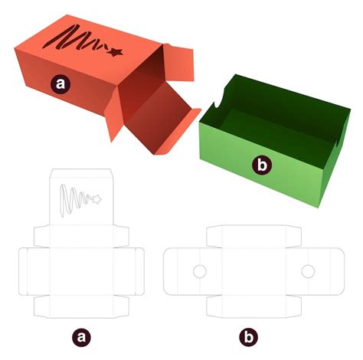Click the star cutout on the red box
(x=115, y=52)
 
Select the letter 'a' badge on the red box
(x=60, y=83)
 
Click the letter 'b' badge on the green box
(x=262, y=165)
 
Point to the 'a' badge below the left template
(x=81, y=337)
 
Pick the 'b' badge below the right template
(x=248, y=337)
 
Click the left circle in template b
(x=200, y=271)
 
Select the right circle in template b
(x=308, y=271)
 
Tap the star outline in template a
(x=96, y=199)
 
